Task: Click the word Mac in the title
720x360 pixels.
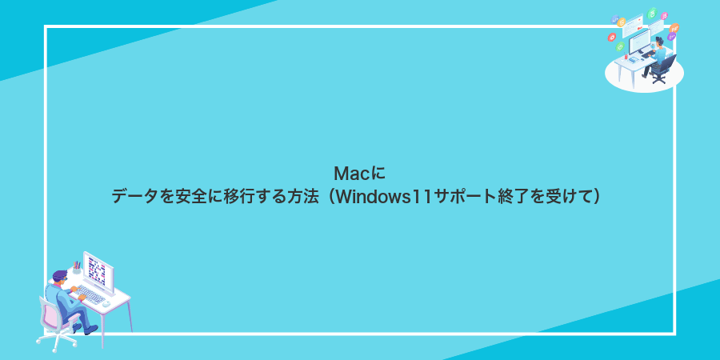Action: click(348, 173)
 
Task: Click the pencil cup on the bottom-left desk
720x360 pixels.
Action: click(77, 269)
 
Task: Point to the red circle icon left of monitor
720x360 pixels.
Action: click(612, 36)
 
